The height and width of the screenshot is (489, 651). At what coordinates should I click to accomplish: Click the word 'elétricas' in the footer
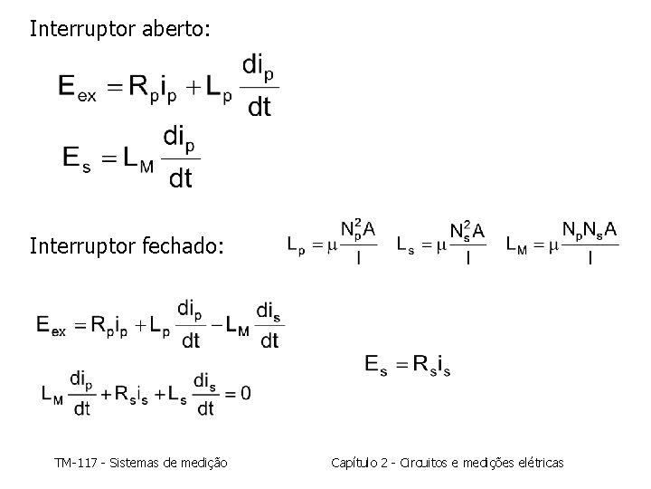click(x=538, y=463)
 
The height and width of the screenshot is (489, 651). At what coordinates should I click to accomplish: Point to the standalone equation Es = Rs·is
click(x=408, y=364)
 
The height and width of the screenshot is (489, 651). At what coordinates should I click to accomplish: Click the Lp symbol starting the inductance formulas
click(x=296, y=244)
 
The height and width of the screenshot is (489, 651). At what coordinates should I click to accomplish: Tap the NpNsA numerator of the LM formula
click(x=590, y=230)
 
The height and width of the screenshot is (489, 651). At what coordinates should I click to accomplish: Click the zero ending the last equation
click(x=245, y=394)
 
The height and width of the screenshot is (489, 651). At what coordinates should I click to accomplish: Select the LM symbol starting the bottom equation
click(x=52, y=394)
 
